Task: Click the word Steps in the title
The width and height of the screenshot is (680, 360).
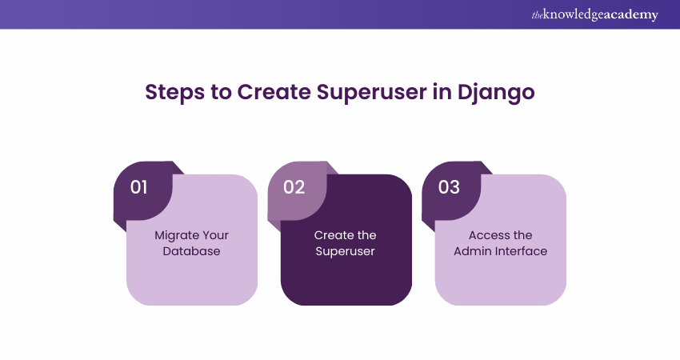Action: [174, 93]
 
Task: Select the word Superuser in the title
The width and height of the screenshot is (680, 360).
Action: [372, 93]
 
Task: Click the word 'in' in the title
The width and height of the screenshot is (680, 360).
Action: [442, 91]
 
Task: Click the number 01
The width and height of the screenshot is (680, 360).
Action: [138, 187]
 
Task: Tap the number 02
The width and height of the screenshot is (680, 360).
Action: [294, 187]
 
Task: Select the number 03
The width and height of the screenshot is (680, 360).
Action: [449, 187]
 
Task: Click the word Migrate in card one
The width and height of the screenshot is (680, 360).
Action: [176, 235]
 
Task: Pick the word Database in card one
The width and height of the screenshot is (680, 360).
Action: [192, 251]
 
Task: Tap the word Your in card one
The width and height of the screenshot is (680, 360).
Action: [214, 235]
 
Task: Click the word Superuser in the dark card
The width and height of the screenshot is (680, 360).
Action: [346, 251]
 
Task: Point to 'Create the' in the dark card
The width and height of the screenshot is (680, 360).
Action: [346, 235]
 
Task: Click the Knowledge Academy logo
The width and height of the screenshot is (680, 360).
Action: [595, 14]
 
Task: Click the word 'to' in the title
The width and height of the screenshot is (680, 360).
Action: [221, 92]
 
